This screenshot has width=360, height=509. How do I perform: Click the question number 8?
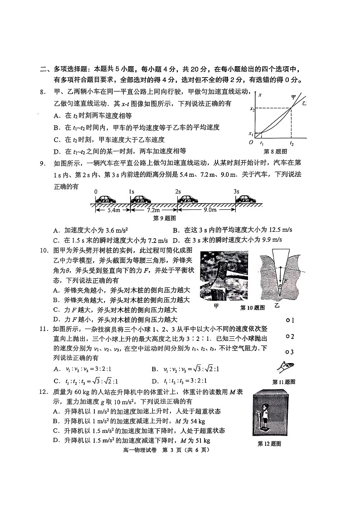(x=42, y=92)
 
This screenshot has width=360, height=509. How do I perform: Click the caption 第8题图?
(x=280, y=151)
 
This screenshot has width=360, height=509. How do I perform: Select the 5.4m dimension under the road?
(x=110, y=210)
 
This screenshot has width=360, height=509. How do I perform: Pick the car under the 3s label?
(x=245, y=199)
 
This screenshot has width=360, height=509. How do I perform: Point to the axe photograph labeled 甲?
(x=224, y=276)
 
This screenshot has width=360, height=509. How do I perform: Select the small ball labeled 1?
(x=287, y=320)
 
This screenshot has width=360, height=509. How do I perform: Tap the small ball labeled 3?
(x=287, y=351)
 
